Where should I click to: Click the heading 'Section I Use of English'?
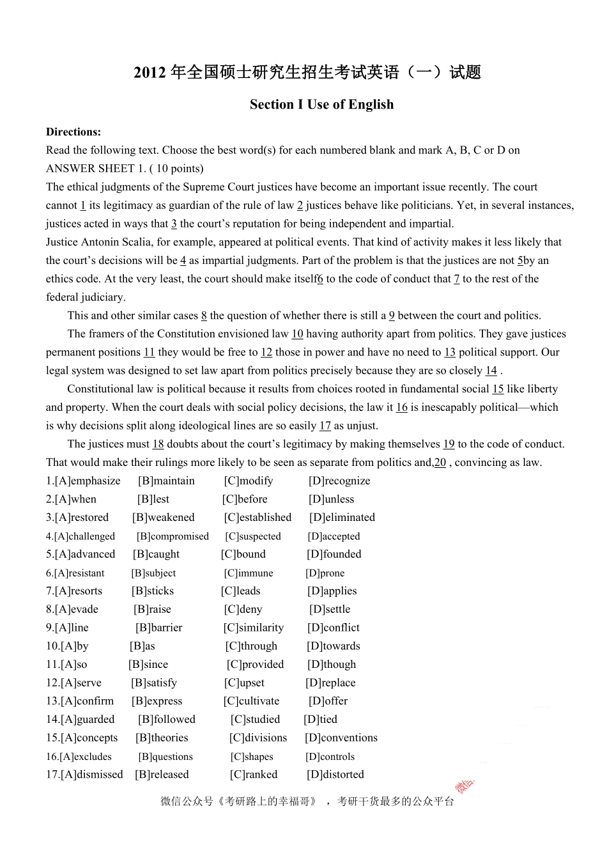click(321, 104)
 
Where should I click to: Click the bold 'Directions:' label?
click(73, 132)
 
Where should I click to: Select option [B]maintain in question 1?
click(166, 481)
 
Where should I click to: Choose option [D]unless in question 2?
click(331, 500)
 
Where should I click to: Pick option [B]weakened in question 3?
click(164, 518)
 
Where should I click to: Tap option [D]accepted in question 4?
click(334, 537)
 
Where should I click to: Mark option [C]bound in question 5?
click(243, 555)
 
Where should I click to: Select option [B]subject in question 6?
click(153, 573)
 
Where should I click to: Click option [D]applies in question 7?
click(332, 591)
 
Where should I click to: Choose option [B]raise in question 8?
click(152, 610)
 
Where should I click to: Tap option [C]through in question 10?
click(251, 646)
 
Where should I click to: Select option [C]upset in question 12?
click(244, 683)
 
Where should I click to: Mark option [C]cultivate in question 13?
click(251, 701)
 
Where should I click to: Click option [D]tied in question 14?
click(320, 720)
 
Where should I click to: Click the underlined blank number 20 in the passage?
click(440, 463)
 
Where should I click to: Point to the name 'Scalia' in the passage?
click(135, 242)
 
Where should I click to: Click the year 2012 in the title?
click(150, 73)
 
